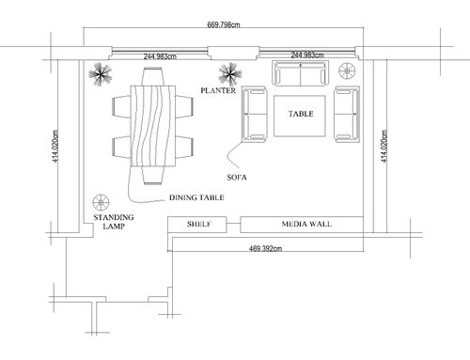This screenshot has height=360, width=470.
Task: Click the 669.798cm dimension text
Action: [224, 24]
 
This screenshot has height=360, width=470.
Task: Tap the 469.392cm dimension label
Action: [265, 248]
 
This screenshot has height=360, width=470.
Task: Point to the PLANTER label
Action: [218, 90]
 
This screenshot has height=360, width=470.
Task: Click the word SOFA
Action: [237, 178]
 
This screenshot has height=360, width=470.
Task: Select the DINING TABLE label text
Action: [196, 197]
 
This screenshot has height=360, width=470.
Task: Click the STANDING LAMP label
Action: [114, 222]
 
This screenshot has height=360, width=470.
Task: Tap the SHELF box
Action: [197, 225]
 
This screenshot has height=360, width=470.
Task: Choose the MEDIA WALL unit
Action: [302, 225]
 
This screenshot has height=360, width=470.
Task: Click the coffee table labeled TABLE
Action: [300, 116]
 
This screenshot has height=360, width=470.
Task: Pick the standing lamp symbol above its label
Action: [101, 203]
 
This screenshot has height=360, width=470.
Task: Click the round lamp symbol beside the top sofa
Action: [347, 70]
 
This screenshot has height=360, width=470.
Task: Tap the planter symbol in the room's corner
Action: [100, 74]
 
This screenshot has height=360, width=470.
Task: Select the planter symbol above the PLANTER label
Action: [230, 74]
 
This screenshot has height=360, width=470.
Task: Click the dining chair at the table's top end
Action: [153, 76]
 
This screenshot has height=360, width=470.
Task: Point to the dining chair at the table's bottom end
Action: [153, 175]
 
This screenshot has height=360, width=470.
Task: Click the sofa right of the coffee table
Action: [347, 115]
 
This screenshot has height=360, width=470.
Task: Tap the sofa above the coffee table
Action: [301, 73]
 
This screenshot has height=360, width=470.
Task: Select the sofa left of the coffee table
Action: [255, 115]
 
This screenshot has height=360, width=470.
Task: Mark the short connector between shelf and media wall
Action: [233, 223]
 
